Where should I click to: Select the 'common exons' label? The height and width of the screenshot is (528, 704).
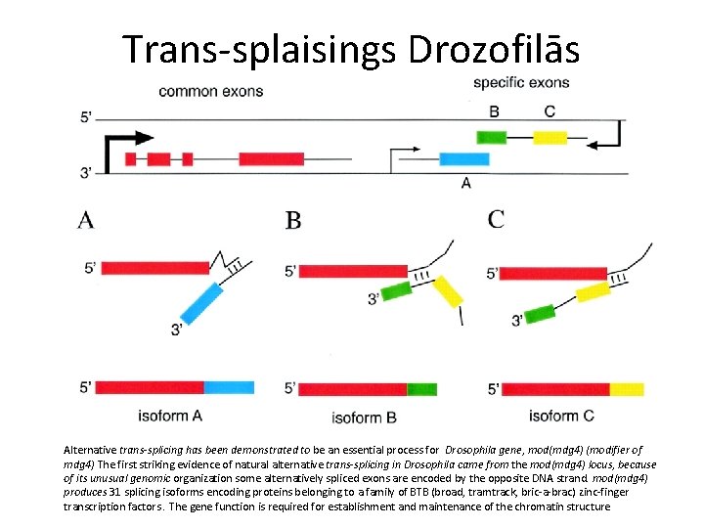[x=211, y=92]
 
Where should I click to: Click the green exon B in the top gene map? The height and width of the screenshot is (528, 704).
[x=491, y=137]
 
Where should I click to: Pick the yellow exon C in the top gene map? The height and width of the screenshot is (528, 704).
[x=550, y=137]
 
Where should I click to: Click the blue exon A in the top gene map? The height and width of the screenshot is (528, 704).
[x=464, y=158]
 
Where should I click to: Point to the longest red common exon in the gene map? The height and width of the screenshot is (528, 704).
[x=271, y=158]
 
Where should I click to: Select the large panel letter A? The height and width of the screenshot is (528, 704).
[x=86, y=220]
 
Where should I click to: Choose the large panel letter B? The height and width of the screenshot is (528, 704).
[x=293, y=220]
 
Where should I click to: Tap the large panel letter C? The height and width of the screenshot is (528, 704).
[x=497, y=219]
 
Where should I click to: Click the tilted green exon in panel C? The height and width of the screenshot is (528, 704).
[x=537, y=315]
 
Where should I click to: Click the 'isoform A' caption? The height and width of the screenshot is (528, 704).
[x=170, y=415]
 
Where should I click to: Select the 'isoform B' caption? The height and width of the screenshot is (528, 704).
[x=364, y=418]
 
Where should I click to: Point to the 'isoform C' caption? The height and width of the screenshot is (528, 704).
[x=561, y=416]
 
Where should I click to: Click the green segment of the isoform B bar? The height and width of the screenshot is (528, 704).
[x=422, y=389]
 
